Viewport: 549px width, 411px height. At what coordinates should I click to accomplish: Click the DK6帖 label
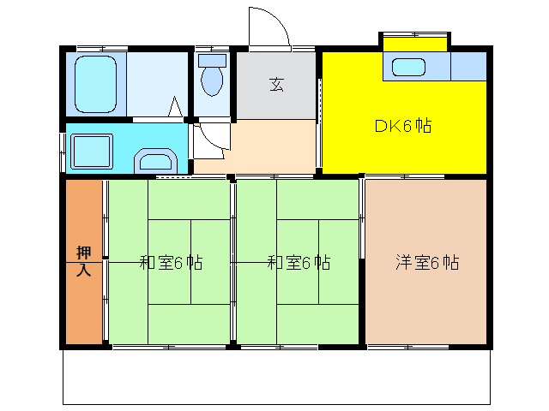coord(402,126)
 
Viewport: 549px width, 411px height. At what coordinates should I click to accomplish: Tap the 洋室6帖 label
coord(427,263)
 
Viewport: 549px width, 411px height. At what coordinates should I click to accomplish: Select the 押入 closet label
coord(83,261)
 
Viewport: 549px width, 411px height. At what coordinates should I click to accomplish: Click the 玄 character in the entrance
coord(276,84)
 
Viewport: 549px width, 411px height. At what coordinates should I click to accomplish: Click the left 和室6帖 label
coord(171,263)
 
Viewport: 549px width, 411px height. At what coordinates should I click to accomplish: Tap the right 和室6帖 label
coord(299,263)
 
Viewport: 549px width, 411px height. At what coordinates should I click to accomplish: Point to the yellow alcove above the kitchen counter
coord(415,43)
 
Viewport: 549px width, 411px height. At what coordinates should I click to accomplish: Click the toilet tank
coord(211,61)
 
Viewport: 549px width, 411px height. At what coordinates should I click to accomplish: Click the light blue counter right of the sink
coord(468,66)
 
